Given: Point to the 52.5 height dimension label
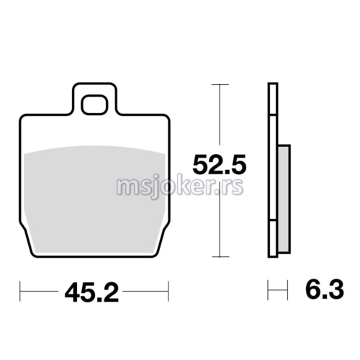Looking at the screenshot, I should [x=220, y=166].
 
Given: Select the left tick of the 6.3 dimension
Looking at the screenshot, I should [x=268, y=292].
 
